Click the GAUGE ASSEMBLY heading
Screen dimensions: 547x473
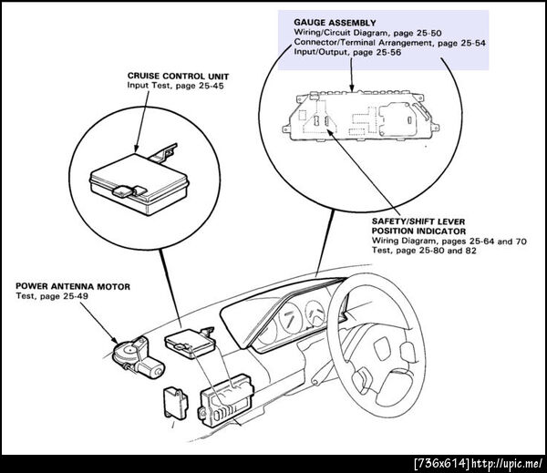(335, 23)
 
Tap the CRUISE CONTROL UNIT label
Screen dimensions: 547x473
(178, 76)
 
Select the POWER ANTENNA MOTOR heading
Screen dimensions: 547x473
(73, 287)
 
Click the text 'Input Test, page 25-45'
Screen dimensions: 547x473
(175, 86)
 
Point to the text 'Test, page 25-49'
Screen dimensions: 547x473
(52, 296)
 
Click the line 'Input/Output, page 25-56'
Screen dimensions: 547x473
(347, 52)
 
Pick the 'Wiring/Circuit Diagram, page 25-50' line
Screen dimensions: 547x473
(367, 33)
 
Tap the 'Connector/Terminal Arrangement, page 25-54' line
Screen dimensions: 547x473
(389, 43)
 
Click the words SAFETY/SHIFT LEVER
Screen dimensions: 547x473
(418, 221)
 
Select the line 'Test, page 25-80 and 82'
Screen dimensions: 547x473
(424, 251)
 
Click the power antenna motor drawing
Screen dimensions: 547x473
(138, 357)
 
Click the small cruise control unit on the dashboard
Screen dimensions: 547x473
(190, 342)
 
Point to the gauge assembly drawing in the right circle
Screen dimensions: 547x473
(361, 116)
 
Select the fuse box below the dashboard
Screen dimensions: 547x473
(226, 400)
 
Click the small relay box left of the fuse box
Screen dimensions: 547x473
(175, 403)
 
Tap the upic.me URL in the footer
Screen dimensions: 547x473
(506, 464)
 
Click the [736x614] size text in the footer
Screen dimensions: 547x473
(442, 464)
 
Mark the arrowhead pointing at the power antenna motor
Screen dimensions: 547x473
(115, 339)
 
